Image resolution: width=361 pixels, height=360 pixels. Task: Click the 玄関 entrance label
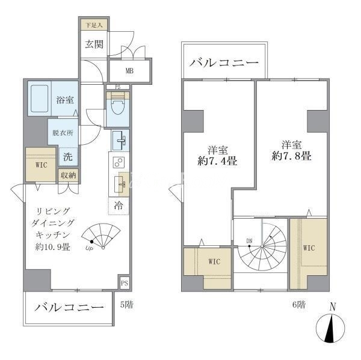94,44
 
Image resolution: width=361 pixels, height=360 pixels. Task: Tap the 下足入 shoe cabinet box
94,25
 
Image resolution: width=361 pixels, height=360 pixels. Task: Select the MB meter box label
129,71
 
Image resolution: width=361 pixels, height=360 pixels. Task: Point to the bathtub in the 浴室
39,99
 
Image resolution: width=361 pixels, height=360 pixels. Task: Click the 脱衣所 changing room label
63,133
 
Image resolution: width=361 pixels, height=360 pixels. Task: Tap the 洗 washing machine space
68,157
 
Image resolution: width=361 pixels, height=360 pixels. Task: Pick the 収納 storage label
69,175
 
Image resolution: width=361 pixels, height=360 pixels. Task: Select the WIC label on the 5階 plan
41,165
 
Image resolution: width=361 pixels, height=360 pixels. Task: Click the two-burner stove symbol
119,162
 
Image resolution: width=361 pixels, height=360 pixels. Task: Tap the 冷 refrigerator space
119,206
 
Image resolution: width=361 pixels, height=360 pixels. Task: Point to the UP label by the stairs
88,248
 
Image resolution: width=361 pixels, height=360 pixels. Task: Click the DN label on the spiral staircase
249,241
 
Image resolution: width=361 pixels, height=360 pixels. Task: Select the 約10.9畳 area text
52,247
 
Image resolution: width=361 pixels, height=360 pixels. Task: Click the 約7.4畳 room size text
217,161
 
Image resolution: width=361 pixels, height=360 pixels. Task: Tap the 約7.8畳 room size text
291,156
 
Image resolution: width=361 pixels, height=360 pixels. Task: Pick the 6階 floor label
299,305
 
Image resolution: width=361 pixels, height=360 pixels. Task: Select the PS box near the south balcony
125,282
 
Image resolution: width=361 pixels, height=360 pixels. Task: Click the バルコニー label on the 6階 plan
224,63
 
